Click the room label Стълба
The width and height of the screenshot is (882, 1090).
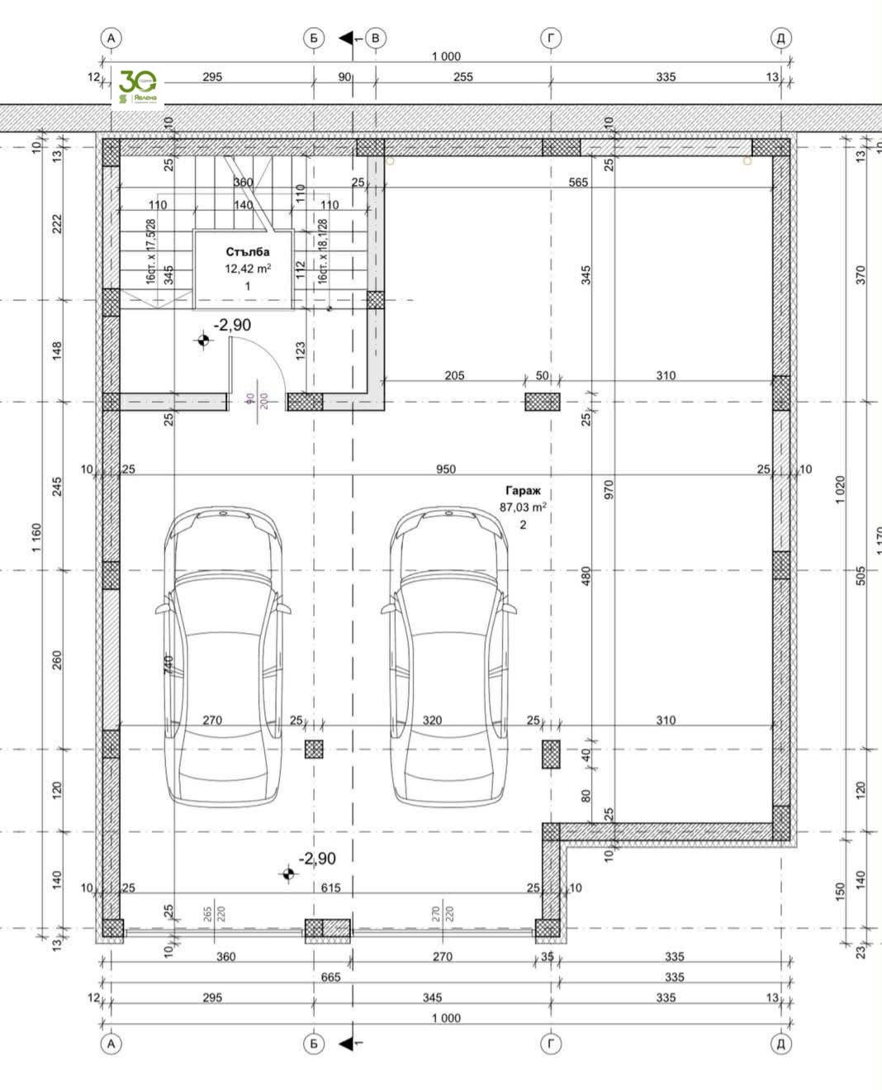click(247, 252)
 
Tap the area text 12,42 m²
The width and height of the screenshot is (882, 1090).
click(247, 269)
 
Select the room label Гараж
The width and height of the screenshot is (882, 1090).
click(522, 491)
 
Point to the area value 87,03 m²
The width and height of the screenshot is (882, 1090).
click(522, 507)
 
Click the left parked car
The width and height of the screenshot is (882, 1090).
click(223, 657)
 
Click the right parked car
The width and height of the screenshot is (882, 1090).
click(448, 657)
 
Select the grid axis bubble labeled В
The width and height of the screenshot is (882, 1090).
click(375, 38)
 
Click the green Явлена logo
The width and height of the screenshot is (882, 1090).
click(138, 87)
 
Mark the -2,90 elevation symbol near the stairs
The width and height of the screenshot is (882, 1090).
click(202, 339)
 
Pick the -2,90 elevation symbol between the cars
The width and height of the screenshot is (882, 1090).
click(287, 873)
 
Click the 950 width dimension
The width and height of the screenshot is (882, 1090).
click(445, 469)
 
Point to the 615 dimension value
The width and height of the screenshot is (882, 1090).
click(330, 888)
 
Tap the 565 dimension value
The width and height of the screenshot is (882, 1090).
click(578, 182)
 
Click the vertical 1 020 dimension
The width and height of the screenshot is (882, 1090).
click(841, 490)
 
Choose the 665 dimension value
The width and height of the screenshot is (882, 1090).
click(330, 978)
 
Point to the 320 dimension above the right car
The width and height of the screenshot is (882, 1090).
click(432, 721)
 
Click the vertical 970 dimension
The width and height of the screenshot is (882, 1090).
click(609, 489)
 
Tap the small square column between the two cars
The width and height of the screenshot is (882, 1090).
click(314, 750)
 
